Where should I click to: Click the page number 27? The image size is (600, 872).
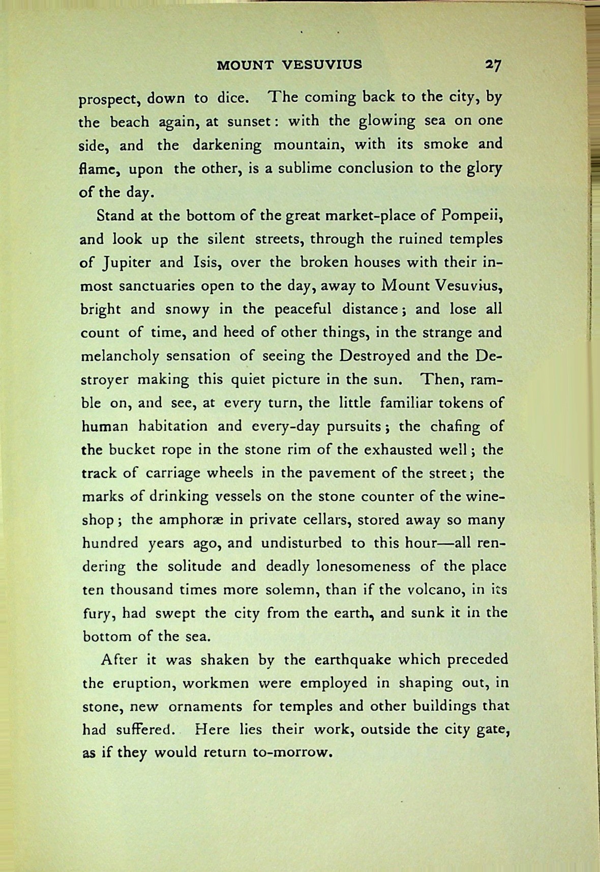point(493,65)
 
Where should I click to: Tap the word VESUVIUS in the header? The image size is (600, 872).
point(322,65)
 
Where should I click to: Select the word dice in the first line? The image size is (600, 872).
point(232,97)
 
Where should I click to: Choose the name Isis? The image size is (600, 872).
point(206,263)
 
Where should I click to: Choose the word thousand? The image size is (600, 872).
point(142,590)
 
